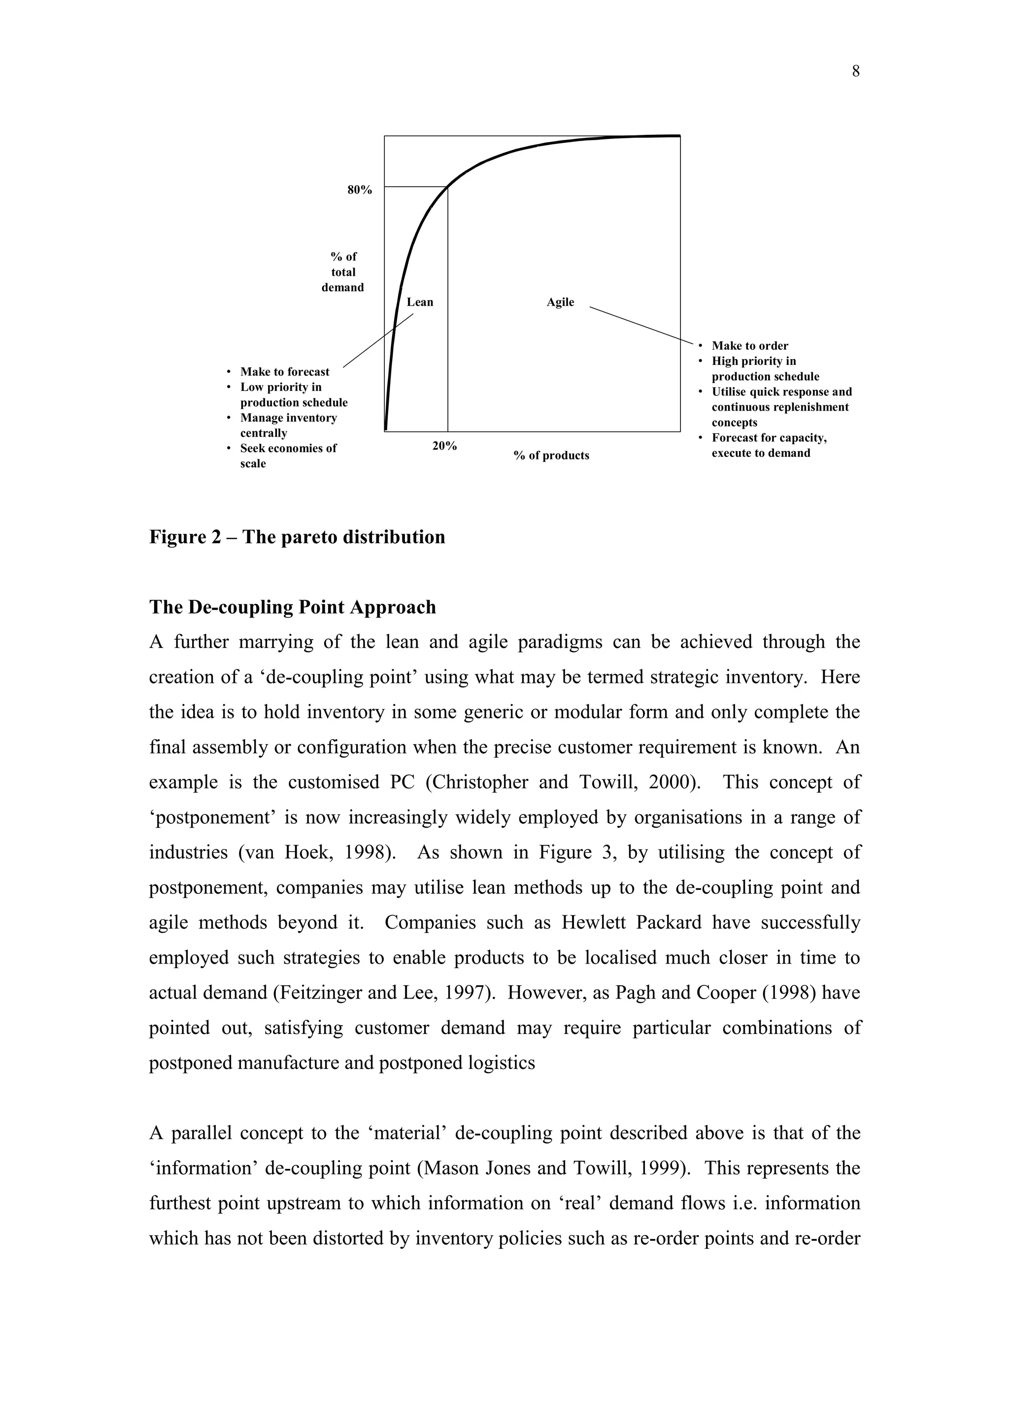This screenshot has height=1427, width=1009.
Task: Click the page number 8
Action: point(855,72)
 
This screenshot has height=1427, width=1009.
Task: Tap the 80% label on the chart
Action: point(359,190)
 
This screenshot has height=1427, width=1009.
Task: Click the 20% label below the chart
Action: point(444,446)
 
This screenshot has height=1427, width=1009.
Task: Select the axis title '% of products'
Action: point(551,455)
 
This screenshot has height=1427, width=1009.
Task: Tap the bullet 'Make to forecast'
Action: point(285,372)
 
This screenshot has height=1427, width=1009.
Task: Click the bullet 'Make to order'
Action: point(750,346)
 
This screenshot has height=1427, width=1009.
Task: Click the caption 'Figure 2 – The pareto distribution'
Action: point(297,537)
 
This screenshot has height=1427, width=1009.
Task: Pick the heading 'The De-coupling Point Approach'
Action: point(292,607)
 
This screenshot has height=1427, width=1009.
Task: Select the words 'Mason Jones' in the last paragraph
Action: point(477,1168)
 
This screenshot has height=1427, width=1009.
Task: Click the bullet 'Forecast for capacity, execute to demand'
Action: point(769,446)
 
